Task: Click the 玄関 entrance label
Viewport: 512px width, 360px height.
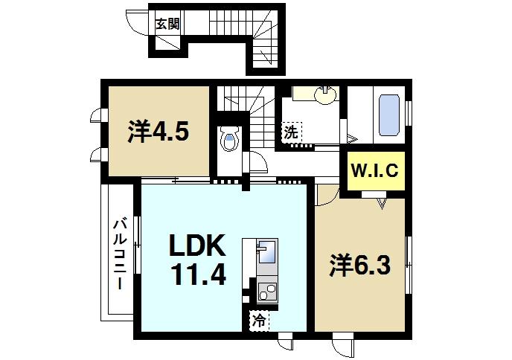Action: [x=167, y=23]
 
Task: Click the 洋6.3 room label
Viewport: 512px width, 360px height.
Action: [x=360, y=265]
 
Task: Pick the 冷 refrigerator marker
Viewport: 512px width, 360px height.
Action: [x=257, y=322]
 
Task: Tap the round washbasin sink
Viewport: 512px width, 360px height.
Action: [x=325, y=94]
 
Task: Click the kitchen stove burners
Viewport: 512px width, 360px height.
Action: [x=266, y=292]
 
